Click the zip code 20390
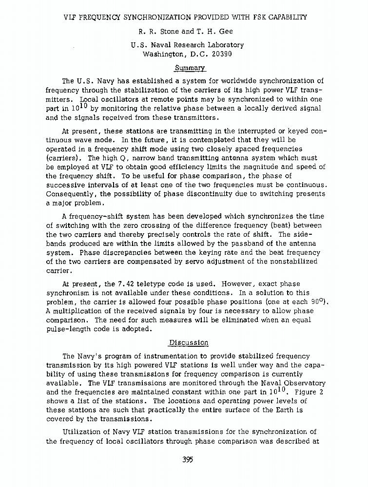(221, 54)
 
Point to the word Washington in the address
(165, 54)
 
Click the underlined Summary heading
(184, 68)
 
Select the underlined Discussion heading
(188, 342)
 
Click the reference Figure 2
(306, 392)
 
